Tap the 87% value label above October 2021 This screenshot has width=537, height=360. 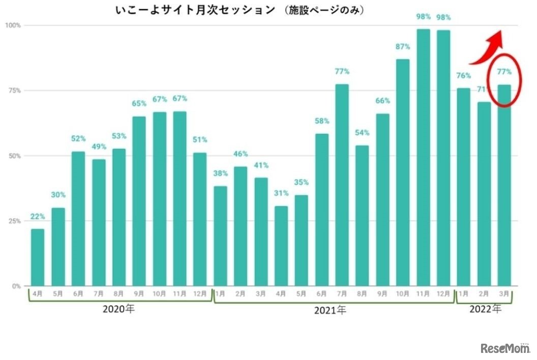point(403,47)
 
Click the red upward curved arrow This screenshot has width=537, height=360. point(486,49)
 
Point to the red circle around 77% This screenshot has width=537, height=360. point(504,80)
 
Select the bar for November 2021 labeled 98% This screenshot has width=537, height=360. point(423,158)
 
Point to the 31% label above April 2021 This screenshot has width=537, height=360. point(281,193)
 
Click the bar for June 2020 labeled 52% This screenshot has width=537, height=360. point(78,219)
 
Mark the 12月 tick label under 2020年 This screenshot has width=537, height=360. point(200,294)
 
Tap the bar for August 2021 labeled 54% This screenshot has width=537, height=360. point(362,216)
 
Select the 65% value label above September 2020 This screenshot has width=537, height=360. point(139,104)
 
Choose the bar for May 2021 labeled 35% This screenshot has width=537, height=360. point(302,241)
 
